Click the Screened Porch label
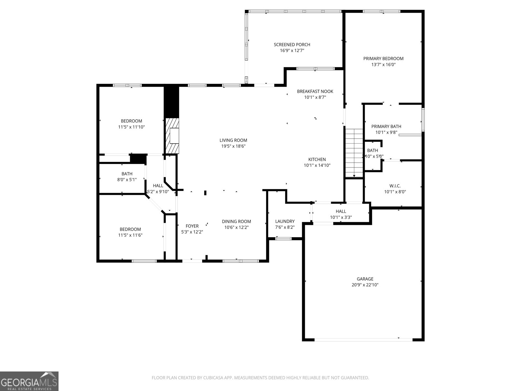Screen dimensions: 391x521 point(292,45)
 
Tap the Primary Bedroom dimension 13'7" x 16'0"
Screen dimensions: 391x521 point(383,65)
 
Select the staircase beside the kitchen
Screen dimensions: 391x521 point(354,152)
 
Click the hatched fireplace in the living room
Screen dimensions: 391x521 point(173,136)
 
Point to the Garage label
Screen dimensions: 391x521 point(365,279)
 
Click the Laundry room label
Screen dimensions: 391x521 point(285,221)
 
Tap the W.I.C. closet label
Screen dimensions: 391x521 point(395,186)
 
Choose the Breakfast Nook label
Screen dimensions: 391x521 point(315,91)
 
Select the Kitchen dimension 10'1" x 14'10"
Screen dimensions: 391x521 point(317,165)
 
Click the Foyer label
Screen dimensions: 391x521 point(192,226)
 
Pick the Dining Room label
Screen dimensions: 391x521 point(236,221)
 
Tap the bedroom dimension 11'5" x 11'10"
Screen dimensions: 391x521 point(131,127)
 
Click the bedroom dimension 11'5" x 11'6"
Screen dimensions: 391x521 point(130,235)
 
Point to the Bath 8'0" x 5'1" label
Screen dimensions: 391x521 point(127,174)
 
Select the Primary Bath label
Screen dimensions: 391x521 point(386,126)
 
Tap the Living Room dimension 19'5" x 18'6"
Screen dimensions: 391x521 point(233,146)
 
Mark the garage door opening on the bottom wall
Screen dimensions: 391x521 point(363,340)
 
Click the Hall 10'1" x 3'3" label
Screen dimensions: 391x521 point(341,211)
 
